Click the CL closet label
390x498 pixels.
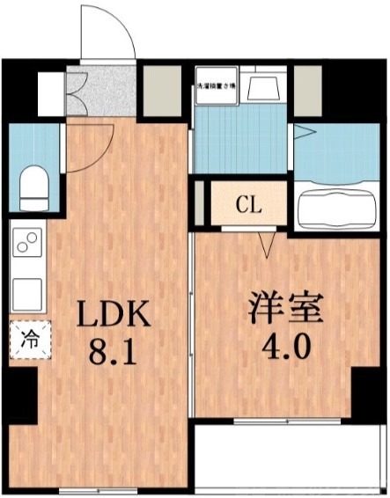pos(248,207)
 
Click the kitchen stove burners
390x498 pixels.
pos(28,242)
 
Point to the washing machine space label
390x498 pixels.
pos(216,84)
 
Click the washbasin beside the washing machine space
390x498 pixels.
pos(262,87)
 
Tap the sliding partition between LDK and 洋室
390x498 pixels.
pos(193,334)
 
